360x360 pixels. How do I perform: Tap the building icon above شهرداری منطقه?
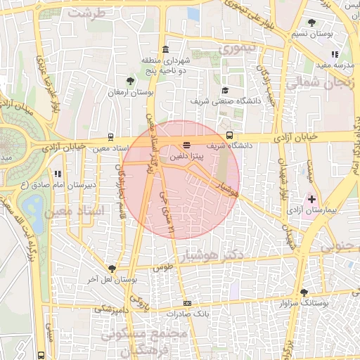(165, 49)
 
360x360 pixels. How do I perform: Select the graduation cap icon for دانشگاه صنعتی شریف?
(225, 90)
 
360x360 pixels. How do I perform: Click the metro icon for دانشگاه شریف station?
(230, 136)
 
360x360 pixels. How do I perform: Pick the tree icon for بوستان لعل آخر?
(112, 269)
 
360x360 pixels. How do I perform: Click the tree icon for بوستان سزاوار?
(304, 292)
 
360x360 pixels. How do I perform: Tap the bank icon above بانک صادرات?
(186, 303)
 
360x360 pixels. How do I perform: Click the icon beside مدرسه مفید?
(335, 54)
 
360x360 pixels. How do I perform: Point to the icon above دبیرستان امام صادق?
(57, 173)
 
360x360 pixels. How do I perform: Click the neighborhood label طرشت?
(87, 13)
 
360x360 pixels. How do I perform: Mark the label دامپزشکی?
(111, 308)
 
